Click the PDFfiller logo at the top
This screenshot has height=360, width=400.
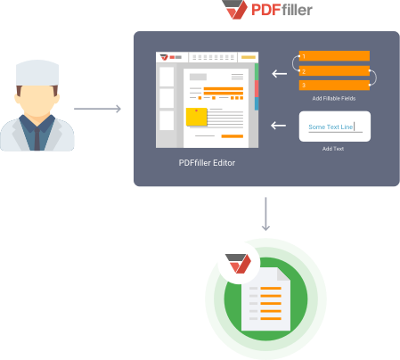267,10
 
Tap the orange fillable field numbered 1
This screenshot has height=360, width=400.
334,56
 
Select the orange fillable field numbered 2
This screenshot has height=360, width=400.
334,71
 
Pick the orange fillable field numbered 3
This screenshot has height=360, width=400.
334,85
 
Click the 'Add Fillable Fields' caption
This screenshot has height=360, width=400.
334,98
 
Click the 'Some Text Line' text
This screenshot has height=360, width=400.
331,127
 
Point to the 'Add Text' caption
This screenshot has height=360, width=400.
333,149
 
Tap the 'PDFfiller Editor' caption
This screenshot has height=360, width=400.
207,163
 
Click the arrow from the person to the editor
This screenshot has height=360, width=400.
97,109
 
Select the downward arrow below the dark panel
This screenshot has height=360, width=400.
265,214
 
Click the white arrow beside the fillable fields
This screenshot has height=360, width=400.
280,73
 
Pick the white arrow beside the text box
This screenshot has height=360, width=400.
279,126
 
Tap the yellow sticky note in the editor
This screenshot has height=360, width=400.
196,117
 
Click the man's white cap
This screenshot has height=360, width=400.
37,73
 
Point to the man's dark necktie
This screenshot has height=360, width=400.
37,139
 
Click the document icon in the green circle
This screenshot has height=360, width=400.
265,299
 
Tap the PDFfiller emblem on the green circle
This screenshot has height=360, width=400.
238,264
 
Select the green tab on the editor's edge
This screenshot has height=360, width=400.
257,72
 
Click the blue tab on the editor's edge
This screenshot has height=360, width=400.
257,104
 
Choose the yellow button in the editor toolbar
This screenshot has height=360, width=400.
249,57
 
